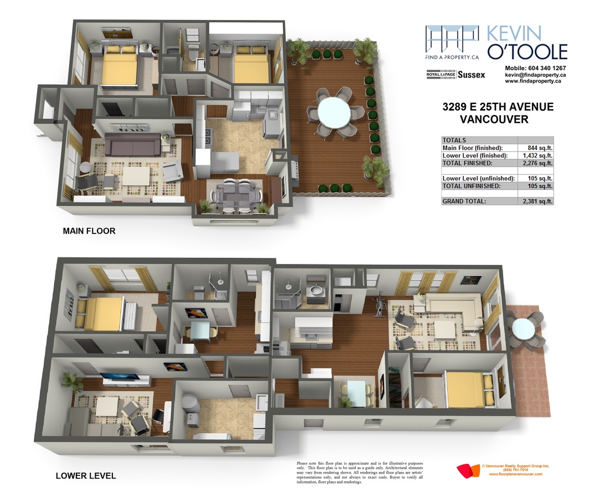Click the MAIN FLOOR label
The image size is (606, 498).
coord(89,231)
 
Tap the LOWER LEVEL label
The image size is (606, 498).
coord(86,476)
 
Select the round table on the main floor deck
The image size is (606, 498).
coord(334,112)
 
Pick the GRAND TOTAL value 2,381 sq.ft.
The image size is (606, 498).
coord(537,201)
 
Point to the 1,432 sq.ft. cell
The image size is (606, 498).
coord(537,155)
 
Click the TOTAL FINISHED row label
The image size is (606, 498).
coord(467,163)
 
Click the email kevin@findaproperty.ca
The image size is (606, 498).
coord(536,75)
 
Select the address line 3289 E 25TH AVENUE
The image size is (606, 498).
coord(498,107)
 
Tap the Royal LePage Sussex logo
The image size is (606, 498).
coord(455,75)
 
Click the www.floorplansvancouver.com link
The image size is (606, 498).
coord(515,474)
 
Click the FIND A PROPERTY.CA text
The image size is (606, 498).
coord(452,57)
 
